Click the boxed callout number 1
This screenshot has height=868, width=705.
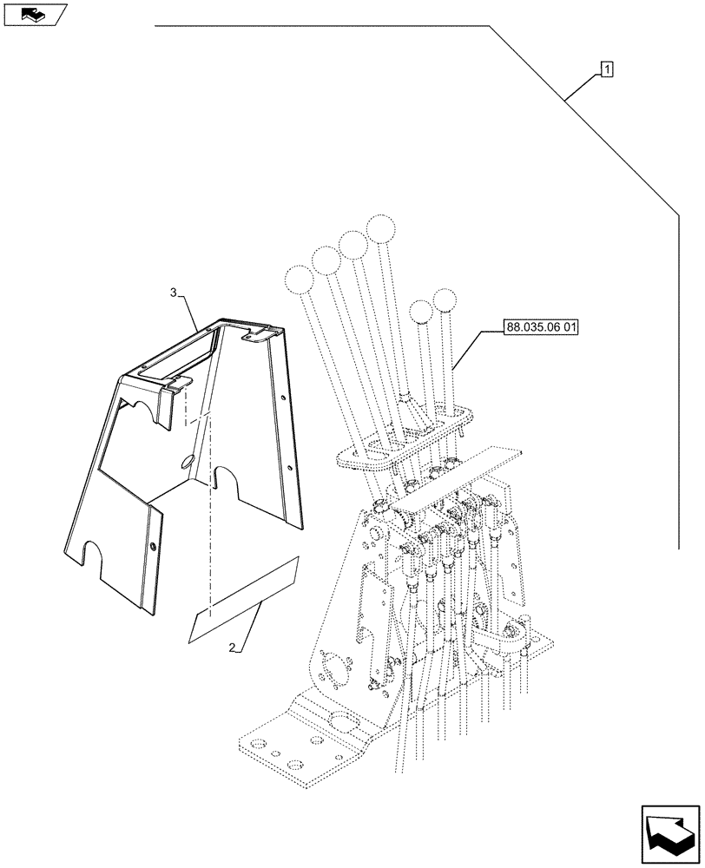606,69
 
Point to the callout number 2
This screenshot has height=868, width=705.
232,648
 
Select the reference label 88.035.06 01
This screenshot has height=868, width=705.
540,327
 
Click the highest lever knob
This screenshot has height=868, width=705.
380,229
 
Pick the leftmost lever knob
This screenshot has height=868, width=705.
299,280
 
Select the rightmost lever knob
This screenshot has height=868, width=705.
444,301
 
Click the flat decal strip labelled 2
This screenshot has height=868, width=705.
243,600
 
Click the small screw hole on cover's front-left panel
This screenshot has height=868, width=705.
153,547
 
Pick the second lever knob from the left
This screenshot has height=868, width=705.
325,260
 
